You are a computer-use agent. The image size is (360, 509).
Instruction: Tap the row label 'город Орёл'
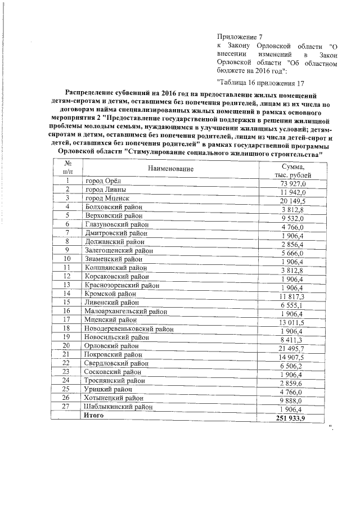tap(102, 181)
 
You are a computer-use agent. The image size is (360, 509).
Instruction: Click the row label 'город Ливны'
tap(105, 189)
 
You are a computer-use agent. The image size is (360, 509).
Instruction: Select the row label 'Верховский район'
tap(113, 215)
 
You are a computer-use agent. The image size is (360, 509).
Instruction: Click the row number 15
tap(67, 301)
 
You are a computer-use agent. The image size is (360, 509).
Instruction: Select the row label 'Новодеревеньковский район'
tap(128, 328)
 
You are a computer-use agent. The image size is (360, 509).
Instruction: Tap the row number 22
tap(67, 362)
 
